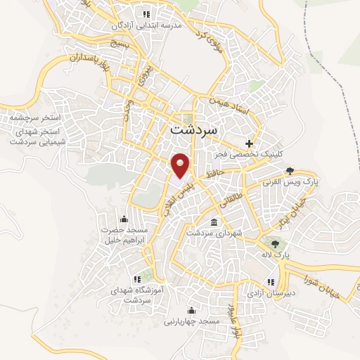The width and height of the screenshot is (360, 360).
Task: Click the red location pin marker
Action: coord(181,165)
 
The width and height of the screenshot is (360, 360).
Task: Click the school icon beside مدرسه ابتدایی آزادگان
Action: coord(146,13)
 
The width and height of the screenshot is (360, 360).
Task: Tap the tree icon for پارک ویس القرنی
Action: coord(289,171)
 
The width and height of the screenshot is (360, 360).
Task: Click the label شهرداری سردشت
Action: coord(214,233)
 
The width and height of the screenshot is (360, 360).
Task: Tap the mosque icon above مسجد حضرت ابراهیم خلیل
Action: coord(124,218)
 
